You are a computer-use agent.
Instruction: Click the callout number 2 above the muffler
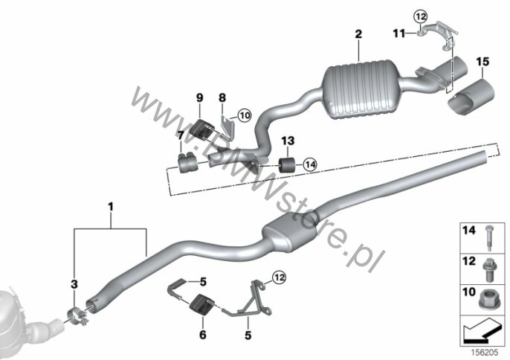pos(358,34)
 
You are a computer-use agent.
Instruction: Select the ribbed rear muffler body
pos(361,89)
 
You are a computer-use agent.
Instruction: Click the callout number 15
pos(482,61)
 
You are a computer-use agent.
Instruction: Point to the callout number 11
pos(399,33)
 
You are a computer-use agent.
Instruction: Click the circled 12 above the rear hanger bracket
pos(420,16)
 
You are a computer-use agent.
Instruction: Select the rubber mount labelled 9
pos(202,129)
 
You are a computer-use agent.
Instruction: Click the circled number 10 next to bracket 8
pos(245,115)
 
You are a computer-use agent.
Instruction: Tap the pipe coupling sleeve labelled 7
pos(185,162)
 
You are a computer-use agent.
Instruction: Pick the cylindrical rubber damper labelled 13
pos(287,165)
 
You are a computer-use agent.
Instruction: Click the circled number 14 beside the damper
pos(310,164)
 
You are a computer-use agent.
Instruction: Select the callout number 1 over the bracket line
pos(111,207)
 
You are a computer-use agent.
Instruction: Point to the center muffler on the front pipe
pos(289,232)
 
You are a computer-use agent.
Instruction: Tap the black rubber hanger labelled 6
pos(201,304)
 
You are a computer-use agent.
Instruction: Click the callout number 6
pos(203,335)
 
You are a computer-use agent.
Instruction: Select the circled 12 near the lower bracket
pos(280,277)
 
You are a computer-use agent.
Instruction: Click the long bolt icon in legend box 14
pos(489,238)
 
